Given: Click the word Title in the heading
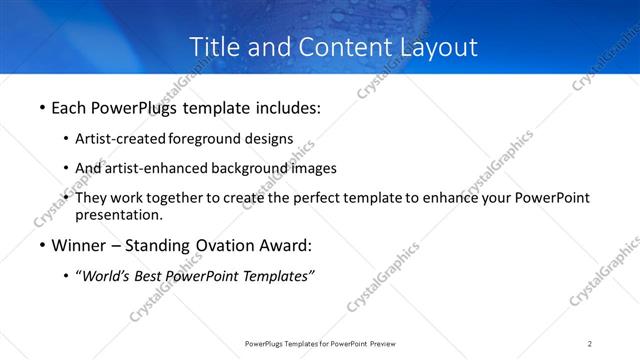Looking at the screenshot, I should (x=215, y=47).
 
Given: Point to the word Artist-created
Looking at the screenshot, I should (x=121, y=139).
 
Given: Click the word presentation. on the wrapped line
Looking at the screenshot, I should (x=119, y=214).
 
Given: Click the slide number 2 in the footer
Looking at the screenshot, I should (x=590, y=343).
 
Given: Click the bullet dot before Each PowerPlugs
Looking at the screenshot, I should (x=42, y=107).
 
